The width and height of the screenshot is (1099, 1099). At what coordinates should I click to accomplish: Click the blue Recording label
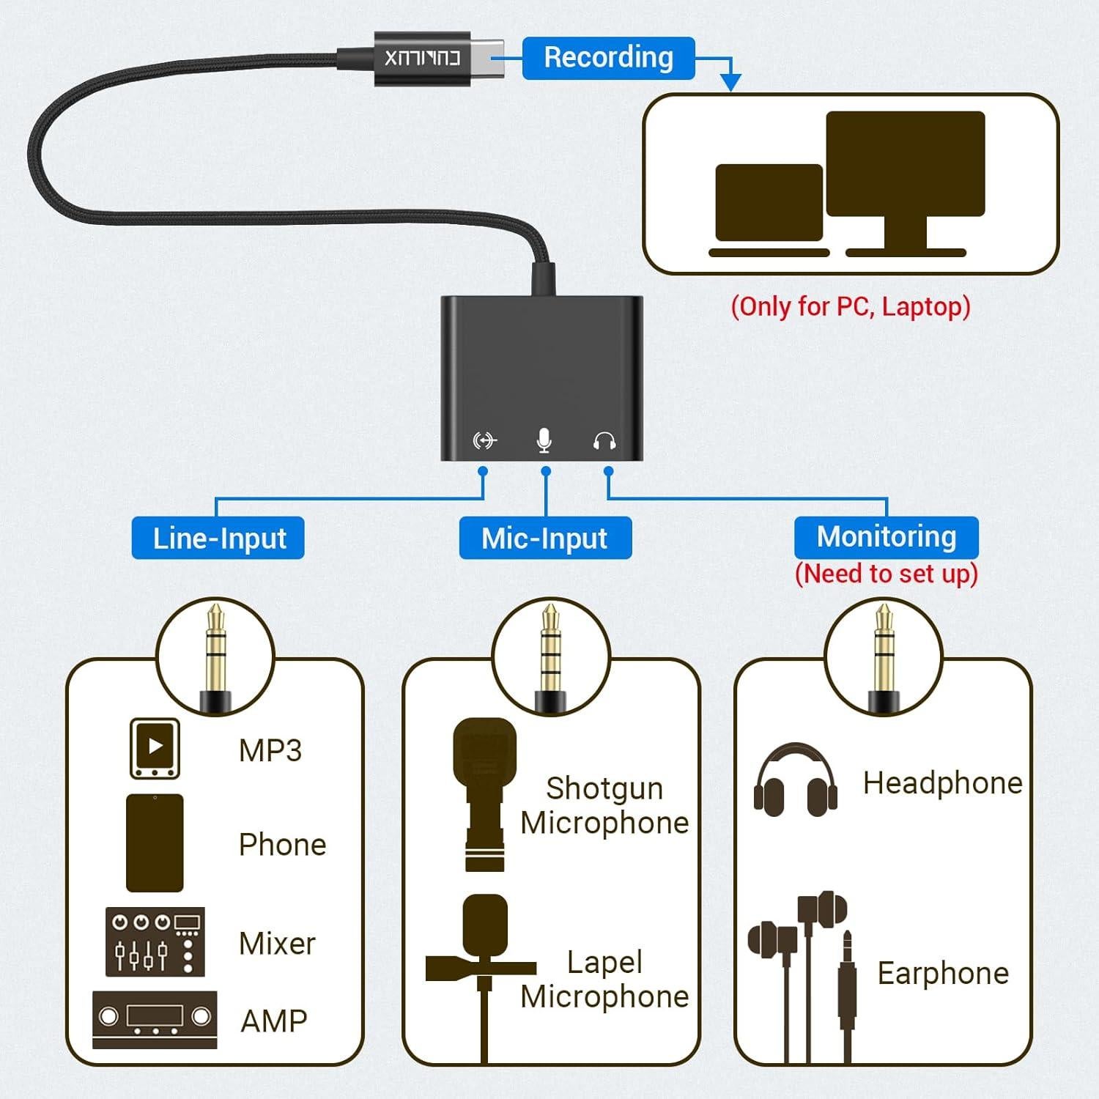[x=608, y=58]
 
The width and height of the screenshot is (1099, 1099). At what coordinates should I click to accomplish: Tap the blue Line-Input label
[x=218, y=539]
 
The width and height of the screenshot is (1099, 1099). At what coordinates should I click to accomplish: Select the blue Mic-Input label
[x=544, y=539]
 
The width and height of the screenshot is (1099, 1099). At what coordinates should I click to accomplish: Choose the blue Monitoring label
[x=886, y=537]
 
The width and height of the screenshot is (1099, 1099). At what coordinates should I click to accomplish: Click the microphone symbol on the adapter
[x=544, y=440]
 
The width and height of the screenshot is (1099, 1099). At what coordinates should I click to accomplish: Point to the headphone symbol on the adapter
[x=604, y=441]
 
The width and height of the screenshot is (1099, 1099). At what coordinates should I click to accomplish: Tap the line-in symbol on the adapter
[x=484, y=440]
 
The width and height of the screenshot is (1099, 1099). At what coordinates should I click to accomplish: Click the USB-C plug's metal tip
[x=487, y=58]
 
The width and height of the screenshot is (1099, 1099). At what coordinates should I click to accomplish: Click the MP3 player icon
[x=155, y=748]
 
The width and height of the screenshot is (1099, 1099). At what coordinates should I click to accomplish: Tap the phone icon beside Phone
[x=155, y=843]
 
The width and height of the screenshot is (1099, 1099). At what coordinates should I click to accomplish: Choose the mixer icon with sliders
[x=155, y=941]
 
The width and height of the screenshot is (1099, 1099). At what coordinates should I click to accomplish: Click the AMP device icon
[x=155, y=1018]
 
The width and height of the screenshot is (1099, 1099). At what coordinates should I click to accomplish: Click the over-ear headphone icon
[x=796, y=781]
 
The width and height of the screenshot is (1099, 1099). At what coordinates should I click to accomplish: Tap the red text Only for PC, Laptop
[x=850, y=306]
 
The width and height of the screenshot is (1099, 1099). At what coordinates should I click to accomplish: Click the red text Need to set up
[x=886, y=574]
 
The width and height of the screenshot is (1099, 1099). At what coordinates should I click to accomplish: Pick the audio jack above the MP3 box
[x=215, y=656]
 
